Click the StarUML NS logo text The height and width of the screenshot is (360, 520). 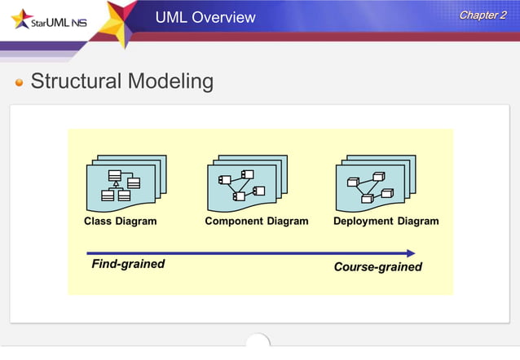point(54,22)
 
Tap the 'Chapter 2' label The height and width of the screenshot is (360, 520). point(483,15)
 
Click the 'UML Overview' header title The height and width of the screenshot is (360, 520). point(205,17)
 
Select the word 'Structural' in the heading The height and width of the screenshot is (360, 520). point(77,81)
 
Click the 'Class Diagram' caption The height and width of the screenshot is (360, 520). point(121,221)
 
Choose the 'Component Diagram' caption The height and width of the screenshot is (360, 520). point(256,221)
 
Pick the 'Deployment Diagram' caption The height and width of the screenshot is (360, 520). point(386,221)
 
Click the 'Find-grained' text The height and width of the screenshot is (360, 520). point(128,264)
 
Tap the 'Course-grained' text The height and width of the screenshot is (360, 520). point(378,266)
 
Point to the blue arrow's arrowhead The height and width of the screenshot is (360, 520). point(411,253)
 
